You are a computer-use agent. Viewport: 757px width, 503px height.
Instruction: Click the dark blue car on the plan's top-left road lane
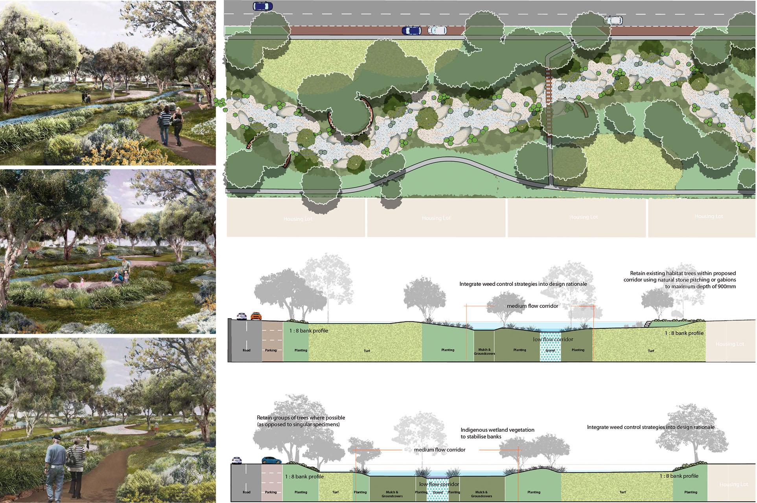point(260,6)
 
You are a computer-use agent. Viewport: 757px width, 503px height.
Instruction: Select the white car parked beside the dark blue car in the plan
point(437,30)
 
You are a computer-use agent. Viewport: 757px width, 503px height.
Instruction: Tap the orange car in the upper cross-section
point(256,316)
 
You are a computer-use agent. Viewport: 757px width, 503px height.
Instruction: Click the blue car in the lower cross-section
point(270,460)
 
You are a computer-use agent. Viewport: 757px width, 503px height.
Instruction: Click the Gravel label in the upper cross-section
point(550,350)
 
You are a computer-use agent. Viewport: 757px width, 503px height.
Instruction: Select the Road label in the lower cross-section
point(247,492)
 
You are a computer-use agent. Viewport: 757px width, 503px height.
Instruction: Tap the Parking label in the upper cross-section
point(271,350)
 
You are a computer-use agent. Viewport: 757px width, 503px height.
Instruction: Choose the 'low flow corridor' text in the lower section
point(439,484)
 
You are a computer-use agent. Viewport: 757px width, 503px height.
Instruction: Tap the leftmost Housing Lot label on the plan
point(298,219)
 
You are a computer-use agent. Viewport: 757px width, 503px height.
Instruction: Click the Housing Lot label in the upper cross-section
point(730,344)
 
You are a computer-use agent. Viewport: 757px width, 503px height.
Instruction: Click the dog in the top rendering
point(202,106)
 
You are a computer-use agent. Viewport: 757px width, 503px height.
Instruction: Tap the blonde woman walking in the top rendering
point(177,125)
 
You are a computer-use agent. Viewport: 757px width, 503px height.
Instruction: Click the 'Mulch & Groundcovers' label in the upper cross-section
point(484,351)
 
